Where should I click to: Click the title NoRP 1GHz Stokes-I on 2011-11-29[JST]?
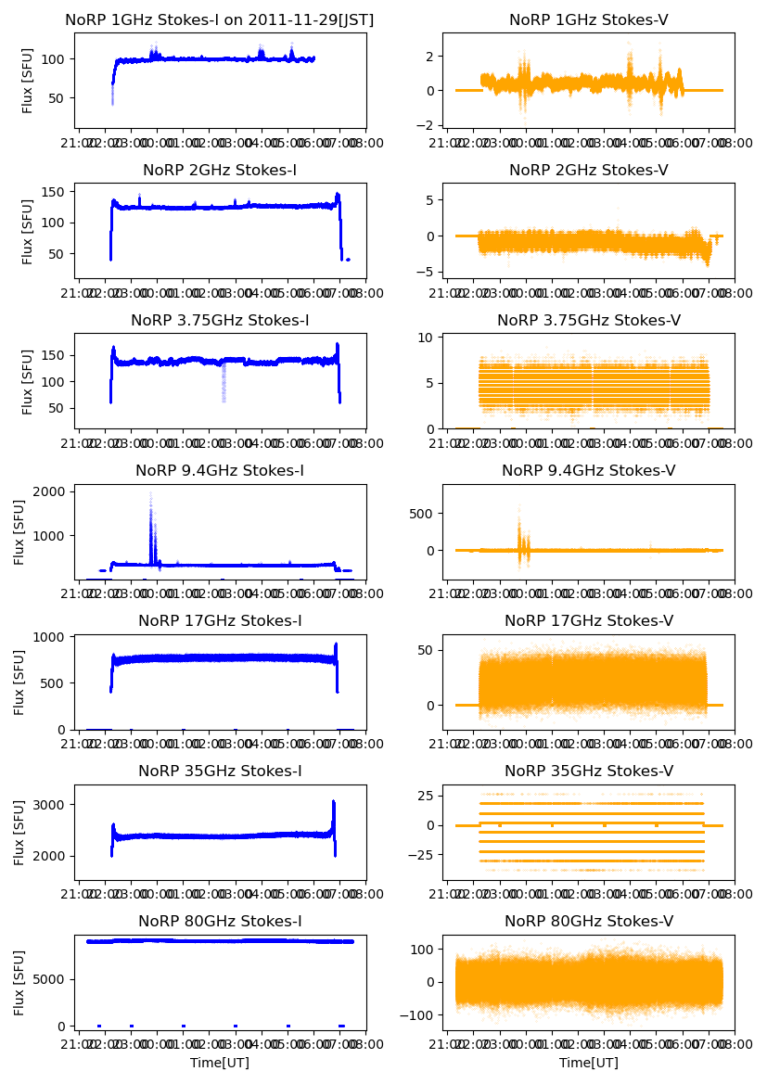pos(220,19)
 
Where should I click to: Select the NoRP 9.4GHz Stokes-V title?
pos(589,471)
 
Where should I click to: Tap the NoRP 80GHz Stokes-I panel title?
pos(220,921)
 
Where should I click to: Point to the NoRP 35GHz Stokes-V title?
pos(589,771)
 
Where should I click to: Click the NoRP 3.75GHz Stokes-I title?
pos(220,321)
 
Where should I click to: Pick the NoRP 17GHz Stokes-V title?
pos(589,620)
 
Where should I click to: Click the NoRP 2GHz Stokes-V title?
pos(589,171)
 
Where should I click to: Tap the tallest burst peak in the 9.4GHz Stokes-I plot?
pos(150,494)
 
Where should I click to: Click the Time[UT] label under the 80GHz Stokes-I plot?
pos(220,1063)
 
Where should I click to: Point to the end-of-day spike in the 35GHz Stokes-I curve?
pos(333,803)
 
